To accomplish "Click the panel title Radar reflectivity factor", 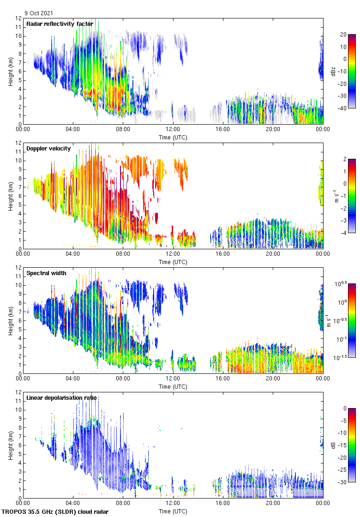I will (60, 24).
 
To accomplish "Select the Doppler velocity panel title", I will (48, 148).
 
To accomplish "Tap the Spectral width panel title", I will (46, 273).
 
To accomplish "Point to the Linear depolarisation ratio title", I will (62, 397).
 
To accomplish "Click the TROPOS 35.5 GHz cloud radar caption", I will (55, 512).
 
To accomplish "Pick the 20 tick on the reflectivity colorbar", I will (343, 34).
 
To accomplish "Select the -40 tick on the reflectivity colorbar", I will (342, 108).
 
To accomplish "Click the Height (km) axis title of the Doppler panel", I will (10, 196).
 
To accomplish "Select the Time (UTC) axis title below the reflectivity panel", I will (173, 137).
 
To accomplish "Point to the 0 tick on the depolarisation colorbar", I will (344, 408).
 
